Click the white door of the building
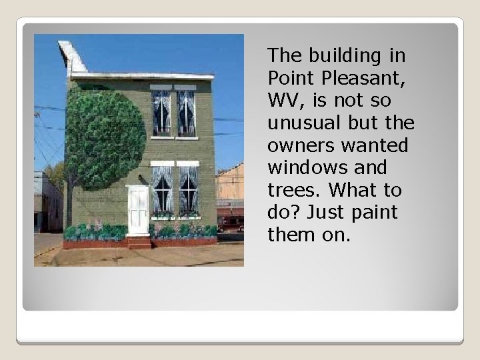pos(138,210)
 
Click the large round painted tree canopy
pos(105,139)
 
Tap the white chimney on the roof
pos(72,57)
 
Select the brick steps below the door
pos(139,242)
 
